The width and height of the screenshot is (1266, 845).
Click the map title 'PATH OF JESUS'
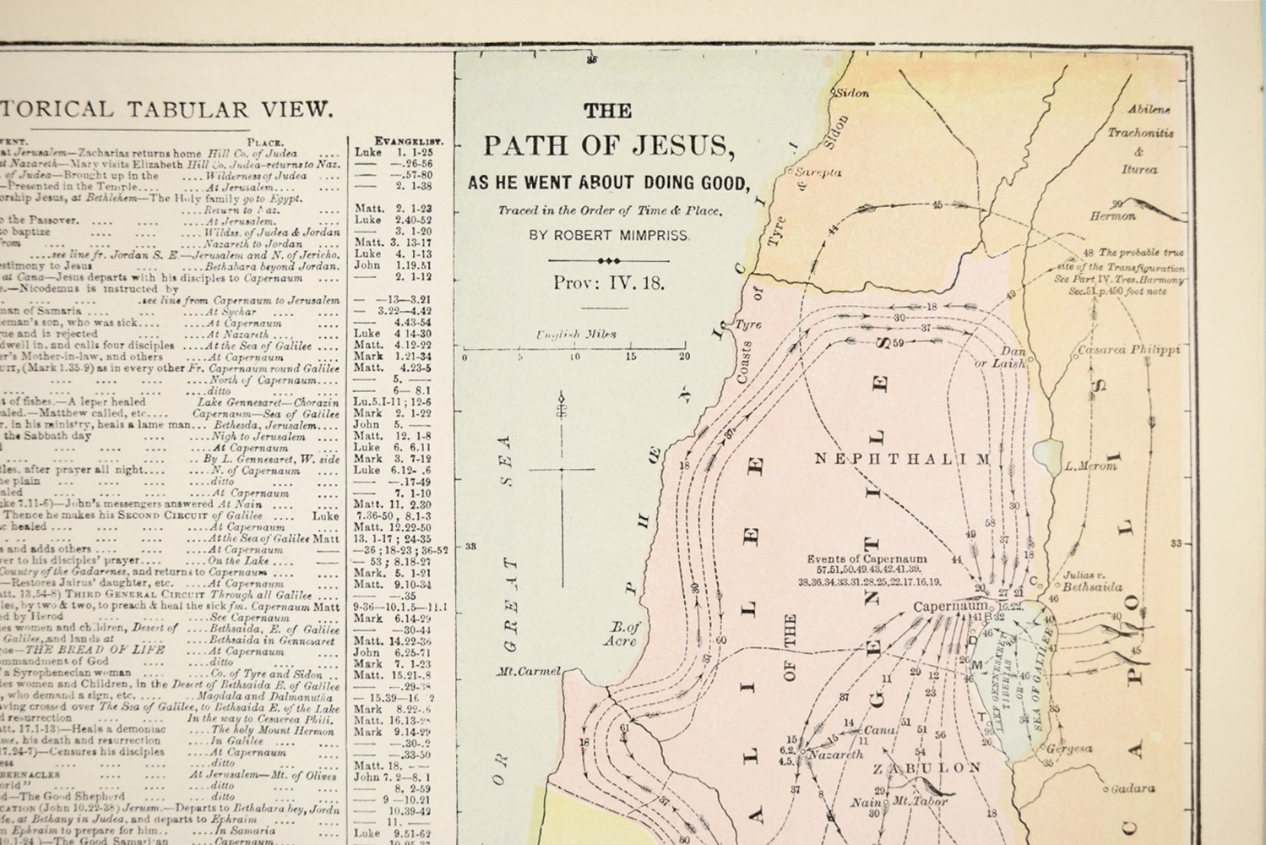tap(608, 146)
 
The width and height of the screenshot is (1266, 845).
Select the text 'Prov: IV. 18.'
tap(608, 283)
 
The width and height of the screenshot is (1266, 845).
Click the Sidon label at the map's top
tap(851, 94)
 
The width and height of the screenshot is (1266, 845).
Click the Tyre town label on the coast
tap(748, 324)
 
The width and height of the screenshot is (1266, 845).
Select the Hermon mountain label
tap(1112, 216)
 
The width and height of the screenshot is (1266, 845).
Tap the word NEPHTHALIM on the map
tap(901, 459)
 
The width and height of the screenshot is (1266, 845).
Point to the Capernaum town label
tap(950, 607)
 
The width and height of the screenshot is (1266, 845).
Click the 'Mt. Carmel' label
tap(528, 673)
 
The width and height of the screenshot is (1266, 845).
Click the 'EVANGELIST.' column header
tap(409, 141)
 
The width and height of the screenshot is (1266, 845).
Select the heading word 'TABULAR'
tap(188, 110)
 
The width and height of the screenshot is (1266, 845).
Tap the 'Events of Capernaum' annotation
tap(867, 559)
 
